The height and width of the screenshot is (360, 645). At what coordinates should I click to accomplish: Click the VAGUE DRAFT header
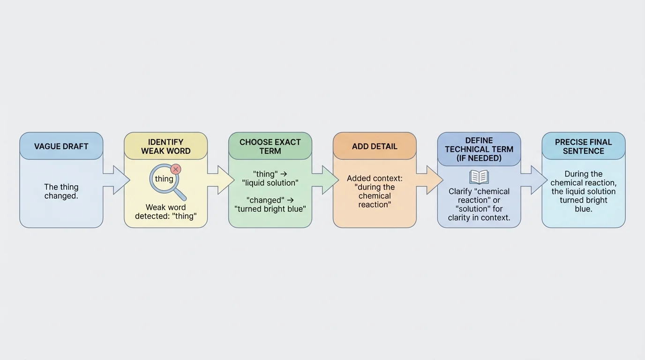pyautogui.click(x=61, y=146)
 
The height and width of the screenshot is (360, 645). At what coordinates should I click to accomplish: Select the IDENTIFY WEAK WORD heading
pyautogui.click(x=165, y=146)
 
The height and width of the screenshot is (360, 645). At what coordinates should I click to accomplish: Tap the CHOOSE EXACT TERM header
pyautogui.click(x=270, y=146)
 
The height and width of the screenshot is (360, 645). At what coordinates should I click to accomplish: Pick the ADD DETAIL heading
pyautogui.click(x=375, y=146)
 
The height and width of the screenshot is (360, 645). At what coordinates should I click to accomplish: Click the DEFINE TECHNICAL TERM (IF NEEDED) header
pyautogui.click(x=479, y=149)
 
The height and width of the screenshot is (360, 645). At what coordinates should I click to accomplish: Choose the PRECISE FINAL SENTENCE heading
pyautogui.click(x=583, y=146)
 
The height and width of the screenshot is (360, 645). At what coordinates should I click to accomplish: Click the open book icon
pyautogui.click(x=479, y=177)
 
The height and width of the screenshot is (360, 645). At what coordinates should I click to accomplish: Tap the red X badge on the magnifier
pyautogui.click(x=176, y=169)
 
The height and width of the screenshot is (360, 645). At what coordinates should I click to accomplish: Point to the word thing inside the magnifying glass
pyautogui.click(x=164, y=179)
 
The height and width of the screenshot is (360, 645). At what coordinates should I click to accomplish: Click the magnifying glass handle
pyautogui.click(x=180, y=194)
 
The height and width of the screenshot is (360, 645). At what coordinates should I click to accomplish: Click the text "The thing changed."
pyautogui.click(x=61, y=191)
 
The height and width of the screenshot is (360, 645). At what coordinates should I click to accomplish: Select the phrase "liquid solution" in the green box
pyautogui.click(x=270, y=183)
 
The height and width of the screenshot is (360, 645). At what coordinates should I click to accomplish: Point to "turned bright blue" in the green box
pyautogui.click(x=270, y=209)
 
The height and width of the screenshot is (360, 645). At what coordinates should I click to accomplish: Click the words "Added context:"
pyautogui.click(x=375, y=179)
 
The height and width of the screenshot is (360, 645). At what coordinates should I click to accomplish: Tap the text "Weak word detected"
pyautogui.click(x=165, y=211)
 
